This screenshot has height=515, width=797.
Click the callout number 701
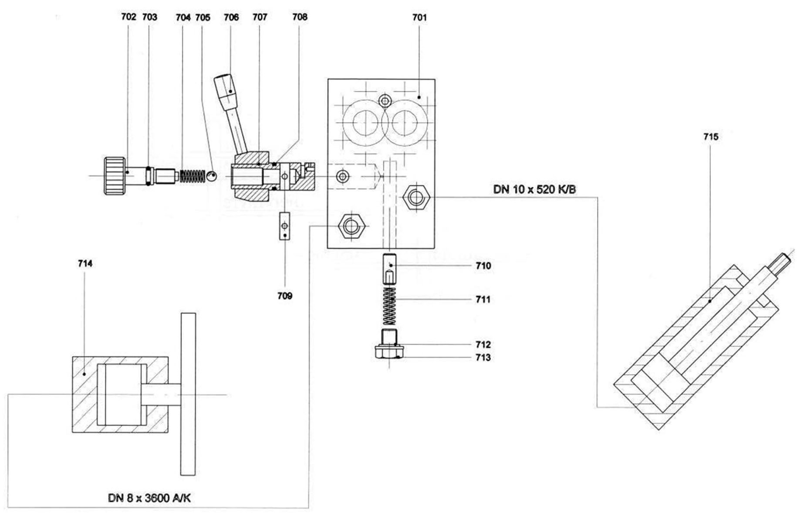(419, 17)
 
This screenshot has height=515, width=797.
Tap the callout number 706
(231, 17)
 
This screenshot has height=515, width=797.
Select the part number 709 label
(285, 296)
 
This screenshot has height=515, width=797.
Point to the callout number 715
(711, 137)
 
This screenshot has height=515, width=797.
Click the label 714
(85, 263)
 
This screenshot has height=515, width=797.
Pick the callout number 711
(483, 300)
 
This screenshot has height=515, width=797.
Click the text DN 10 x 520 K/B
(534, 190)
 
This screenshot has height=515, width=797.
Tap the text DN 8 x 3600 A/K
(149, 498)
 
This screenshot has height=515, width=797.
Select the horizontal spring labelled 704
(192, 176)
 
